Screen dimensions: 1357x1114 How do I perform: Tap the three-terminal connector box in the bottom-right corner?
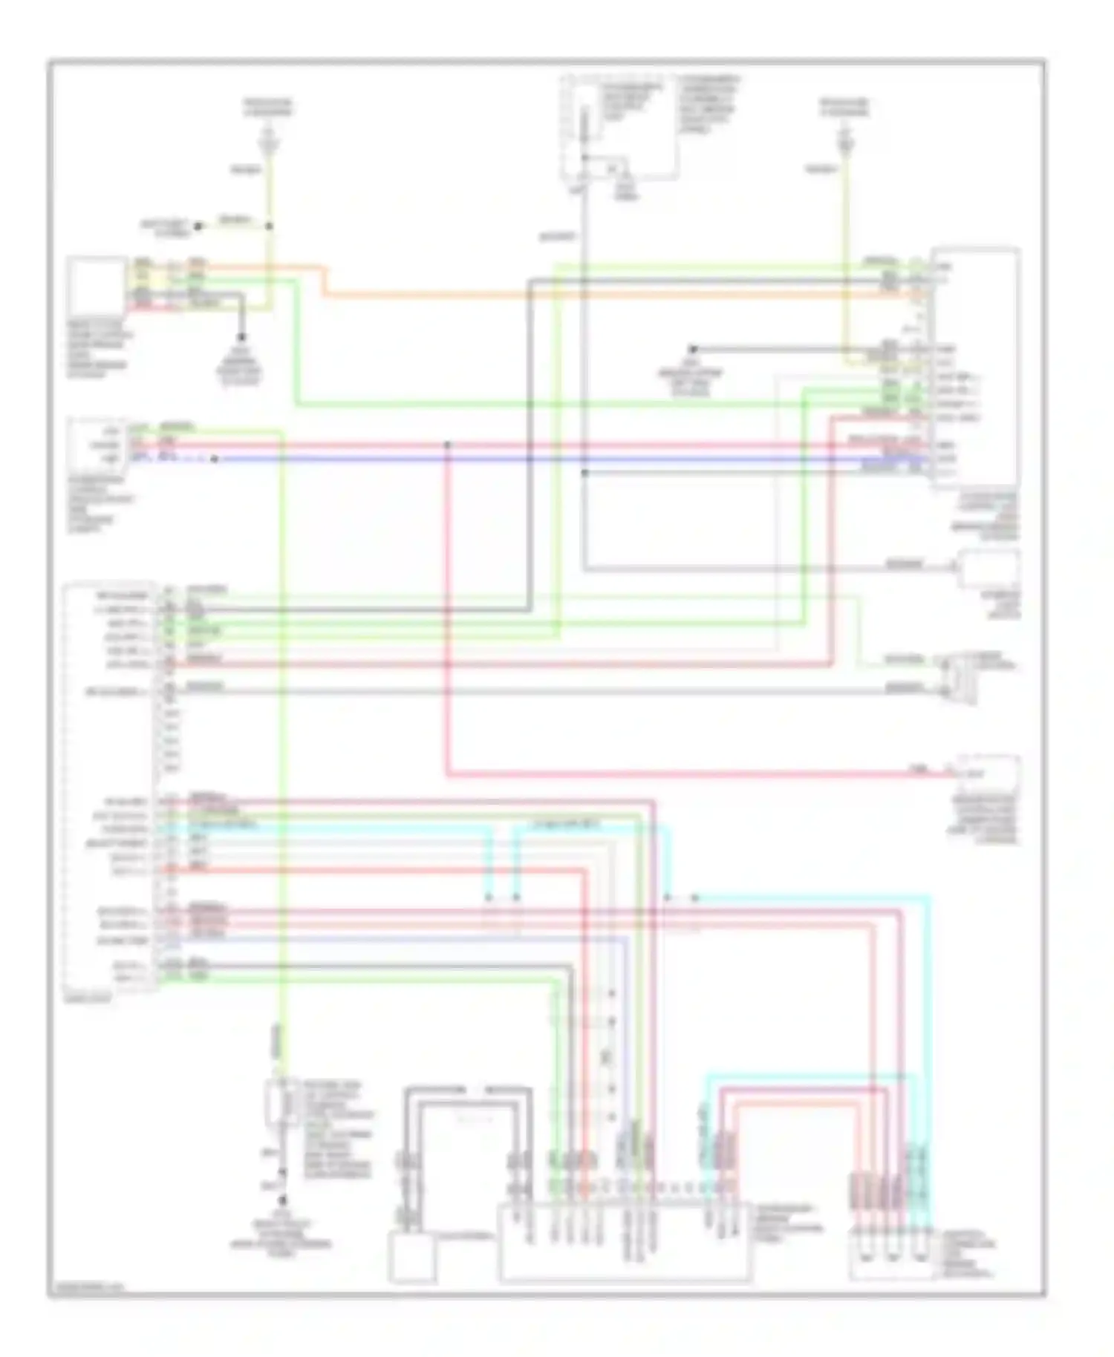[x=891, y=1255]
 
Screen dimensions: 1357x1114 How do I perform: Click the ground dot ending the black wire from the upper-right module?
[x=692, y=349]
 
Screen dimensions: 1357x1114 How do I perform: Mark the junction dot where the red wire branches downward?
[x=448, y=445]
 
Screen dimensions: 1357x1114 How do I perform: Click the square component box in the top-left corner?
[x=97, y=286]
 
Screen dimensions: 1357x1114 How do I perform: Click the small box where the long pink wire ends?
[x=988, y=775]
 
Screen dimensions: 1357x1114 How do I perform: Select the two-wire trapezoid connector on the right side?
[x=960, y=676]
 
